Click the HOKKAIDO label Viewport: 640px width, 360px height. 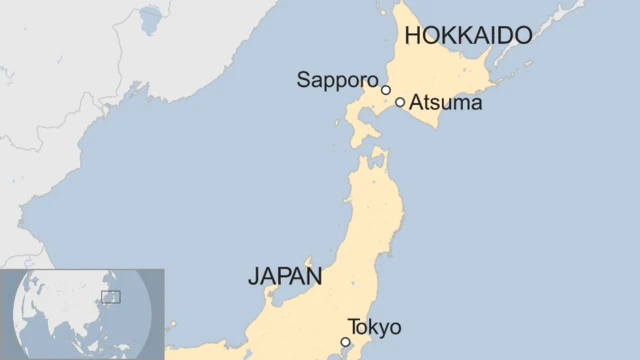[466, 37]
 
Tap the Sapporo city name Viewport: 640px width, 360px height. [337, 80]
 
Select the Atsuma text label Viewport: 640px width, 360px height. [446, 102]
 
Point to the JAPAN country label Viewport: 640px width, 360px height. [285, 277]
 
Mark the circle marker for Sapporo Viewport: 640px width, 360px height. [386, 90]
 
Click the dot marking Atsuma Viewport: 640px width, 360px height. [400, 102]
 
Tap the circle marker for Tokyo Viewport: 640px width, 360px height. [346, 342]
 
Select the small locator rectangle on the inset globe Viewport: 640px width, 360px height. [110, 296]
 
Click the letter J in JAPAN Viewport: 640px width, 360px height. [253, 277]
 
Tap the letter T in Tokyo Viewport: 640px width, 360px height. [352, 327]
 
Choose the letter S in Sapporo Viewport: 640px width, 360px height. [303, 80]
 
